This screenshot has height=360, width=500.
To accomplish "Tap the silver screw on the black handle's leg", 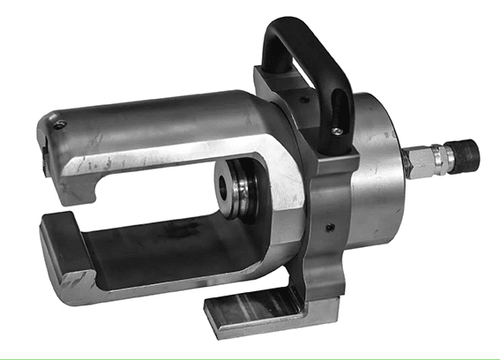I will (337, 131).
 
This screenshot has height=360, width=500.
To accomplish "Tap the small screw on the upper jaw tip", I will (58, 125).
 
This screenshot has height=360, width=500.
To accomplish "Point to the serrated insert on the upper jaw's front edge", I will (41, 155).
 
